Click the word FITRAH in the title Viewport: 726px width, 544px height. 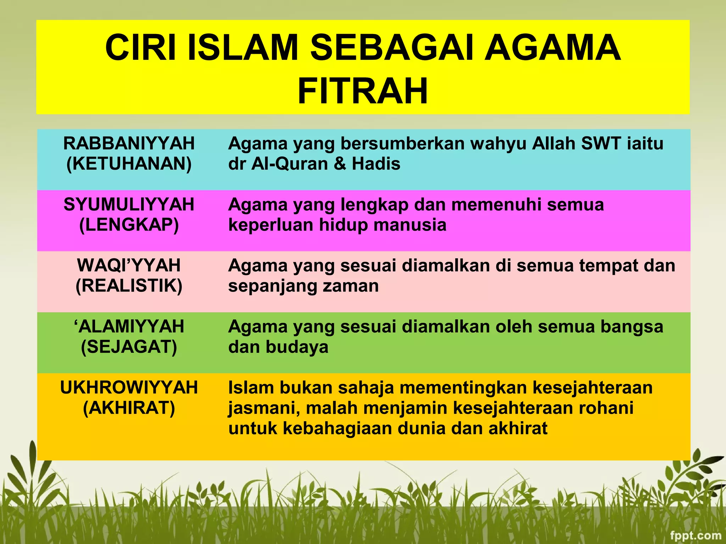click(363, 91)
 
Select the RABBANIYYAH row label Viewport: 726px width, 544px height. click(129, 143)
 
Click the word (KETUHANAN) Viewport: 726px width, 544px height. click(129, 164)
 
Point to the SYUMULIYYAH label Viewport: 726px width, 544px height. click(129, 204)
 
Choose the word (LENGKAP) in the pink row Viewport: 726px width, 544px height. click(129, 225)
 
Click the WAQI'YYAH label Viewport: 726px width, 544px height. click(129, 265)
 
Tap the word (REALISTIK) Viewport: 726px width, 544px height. click(129, 286)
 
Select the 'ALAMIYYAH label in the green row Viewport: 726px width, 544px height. click(129, 326)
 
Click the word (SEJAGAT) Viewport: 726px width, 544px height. click(129, 347)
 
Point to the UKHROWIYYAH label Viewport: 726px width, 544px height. click(129, 387)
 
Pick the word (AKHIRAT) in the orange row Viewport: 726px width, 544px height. click(129, 408)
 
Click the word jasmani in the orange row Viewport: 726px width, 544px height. click(264, 408)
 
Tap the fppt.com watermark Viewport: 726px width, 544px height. click(696, 535)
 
